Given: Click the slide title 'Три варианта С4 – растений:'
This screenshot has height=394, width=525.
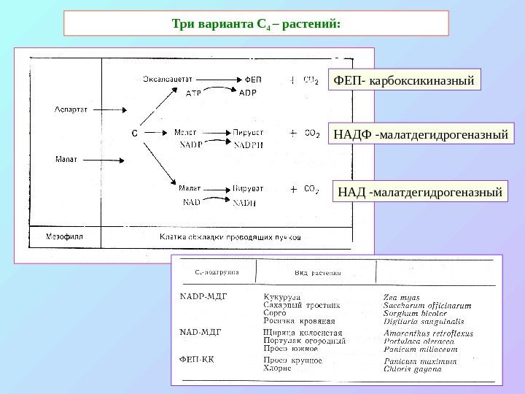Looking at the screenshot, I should tap(255, 23).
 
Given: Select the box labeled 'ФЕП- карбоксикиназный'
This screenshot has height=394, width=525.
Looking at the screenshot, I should tap(404, 78).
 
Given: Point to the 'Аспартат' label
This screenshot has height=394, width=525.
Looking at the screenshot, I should tap(71, 109).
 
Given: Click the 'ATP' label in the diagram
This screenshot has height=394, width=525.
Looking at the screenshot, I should tap(193, 93).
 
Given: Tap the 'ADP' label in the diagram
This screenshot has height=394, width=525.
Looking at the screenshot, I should tap(248, 93).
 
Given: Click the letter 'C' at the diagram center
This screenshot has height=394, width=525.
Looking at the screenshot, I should tap(133, 134).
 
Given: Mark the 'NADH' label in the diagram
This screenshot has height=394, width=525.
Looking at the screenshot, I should tap(245, 203).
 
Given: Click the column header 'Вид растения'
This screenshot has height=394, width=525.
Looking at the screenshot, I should tap(318, 274).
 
